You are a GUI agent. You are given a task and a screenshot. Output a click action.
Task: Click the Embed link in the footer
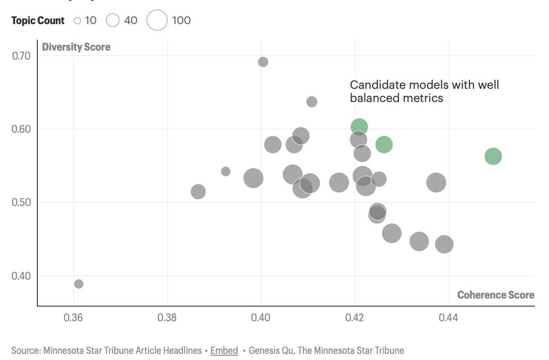coord(224,351)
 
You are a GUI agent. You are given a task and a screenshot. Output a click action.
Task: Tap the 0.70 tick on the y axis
coord(21,56)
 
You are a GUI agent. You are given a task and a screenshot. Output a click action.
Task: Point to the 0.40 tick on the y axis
coord(21,276)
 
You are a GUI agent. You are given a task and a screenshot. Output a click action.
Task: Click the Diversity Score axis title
coord(76,47)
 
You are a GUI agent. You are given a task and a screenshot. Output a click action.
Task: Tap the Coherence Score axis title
coord(496,295)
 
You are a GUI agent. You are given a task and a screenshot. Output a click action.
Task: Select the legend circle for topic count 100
coord(157,20)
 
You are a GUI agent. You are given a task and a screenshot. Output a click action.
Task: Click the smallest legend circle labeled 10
coord(77,20)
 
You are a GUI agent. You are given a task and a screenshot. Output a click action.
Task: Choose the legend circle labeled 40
coord(112,20)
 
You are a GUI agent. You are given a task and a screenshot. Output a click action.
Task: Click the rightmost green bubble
coord(493,156)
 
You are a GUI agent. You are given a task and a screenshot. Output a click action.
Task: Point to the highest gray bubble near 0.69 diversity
coord(263,62)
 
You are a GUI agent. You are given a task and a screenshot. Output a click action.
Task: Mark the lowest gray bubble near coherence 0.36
coord(79,284)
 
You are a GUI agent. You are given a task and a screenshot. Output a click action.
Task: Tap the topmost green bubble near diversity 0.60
coord(359,127)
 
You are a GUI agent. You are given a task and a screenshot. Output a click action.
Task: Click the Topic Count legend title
coord(38,20)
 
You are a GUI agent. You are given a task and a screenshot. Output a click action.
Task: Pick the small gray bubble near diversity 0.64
coord(312,102)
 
